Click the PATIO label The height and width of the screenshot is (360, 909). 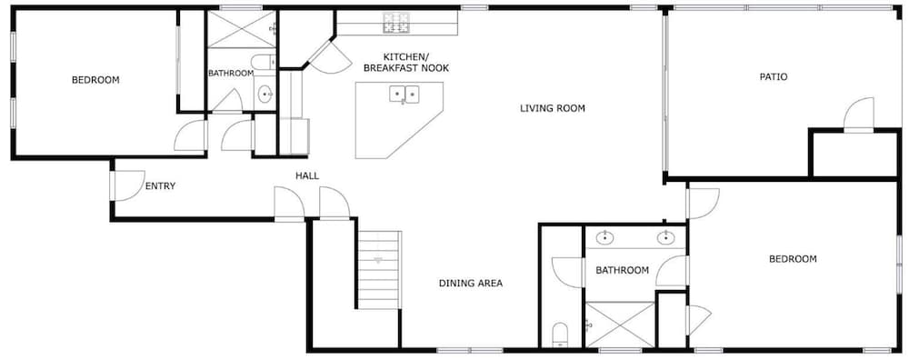coord(774,76)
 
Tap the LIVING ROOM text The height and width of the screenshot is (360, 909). coord(552,108)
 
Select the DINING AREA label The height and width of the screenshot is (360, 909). coord(470,284)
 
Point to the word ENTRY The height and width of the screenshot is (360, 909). coord(160,186)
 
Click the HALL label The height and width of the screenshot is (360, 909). coord(307,175)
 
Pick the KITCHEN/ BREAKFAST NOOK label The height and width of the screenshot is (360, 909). coord(405,63)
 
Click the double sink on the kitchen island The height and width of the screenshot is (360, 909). coord(405,94)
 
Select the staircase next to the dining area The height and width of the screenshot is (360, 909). coord(378,270)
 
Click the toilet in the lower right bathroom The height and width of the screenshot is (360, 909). coord(561,335)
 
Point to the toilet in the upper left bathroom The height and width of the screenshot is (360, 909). coord(265,62)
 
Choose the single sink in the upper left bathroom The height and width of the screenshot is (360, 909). coord(265,93)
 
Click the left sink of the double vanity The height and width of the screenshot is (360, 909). coord(605,237)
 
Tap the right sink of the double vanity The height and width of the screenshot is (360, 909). coord(665,237)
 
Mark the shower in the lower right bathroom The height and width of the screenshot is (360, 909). coord(620,325)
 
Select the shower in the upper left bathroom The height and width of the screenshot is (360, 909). coord(242,30)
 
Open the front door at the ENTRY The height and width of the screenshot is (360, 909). coord(126,185)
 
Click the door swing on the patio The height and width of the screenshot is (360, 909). coord(859,115)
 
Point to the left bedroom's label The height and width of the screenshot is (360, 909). coord(95,80)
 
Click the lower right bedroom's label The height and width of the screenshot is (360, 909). coord(793,259)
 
